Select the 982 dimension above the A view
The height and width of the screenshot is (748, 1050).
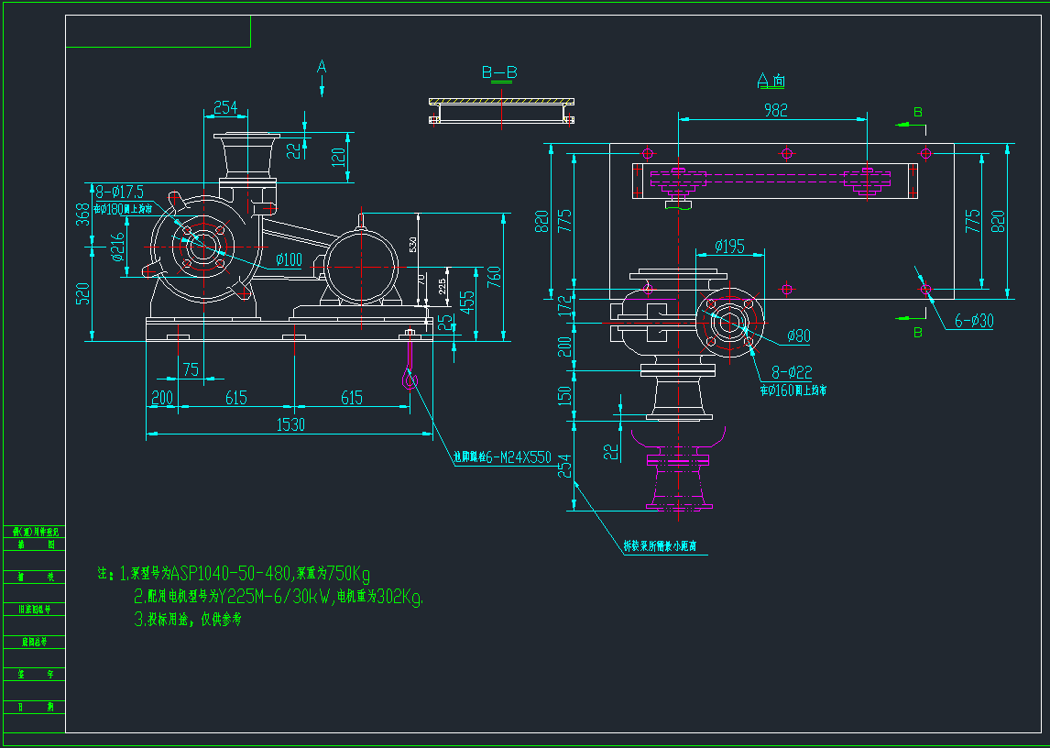pyautogui.click(x=775, y=109)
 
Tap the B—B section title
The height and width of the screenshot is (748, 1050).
pyautogui.click(x=499, y=72)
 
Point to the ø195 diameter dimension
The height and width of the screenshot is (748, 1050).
pyautogui.click(x=730, y=247)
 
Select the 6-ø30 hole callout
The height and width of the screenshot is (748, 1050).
pyautogui.click(x=973, y=321)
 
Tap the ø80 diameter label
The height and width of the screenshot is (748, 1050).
pyautogui.click(x=798, y=335)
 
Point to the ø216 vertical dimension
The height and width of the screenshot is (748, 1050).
pyautogui.click(x=117, y=247)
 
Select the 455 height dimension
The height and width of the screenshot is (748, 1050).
pyautogui.click(x=467, y=303)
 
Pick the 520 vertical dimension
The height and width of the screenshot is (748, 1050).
pyautogui.click(x=82, y=293)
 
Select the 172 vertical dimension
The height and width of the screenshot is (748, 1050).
pyautogui.click(x=563, y=305)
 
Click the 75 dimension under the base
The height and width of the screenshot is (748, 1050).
pyautogui.click(x=191, y=369)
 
